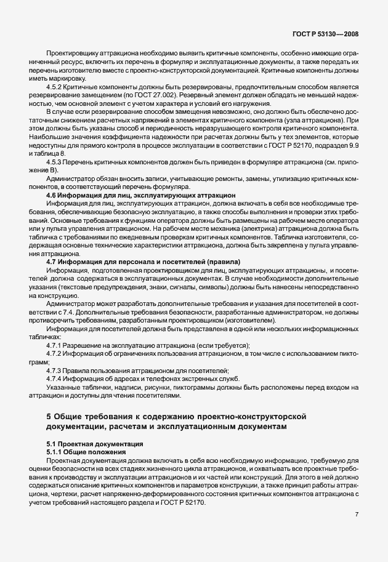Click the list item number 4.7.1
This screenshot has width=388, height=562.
tap(56, 345)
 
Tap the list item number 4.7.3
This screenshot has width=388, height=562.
tap(56, 370)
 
